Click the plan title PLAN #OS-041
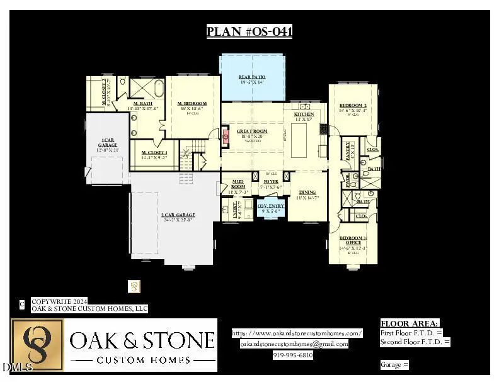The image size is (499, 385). point(249,31)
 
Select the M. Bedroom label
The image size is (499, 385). point(192,103)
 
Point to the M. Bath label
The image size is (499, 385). point(142,103)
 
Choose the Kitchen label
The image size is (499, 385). point(304,114)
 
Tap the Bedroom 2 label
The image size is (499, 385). point(353,106)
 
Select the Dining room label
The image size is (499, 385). point(307,192)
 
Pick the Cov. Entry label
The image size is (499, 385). point(271,206)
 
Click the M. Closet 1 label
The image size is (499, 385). point(154,153)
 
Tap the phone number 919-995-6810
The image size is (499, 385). point(293,355)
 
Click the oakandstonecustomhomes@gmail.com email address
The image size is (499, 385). point(294,344)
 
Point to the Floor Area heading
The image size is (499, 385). point(410,323)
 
